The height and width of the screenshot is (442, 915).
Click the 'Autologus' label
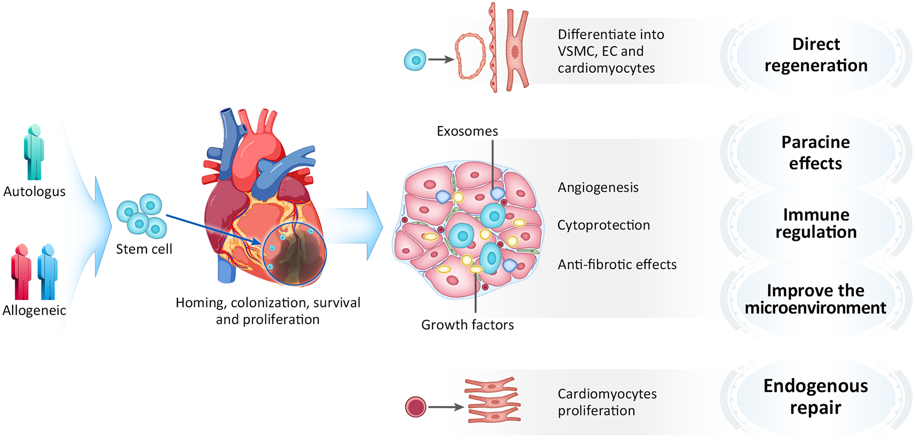pyautogui.click(x=35, y=192)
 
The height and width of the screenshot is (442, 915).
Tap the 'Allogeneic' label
pyautogui.click(x=35, y=310)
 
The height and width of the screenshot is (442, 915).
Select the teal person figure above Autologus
pyautogui.click(x=34, y=152)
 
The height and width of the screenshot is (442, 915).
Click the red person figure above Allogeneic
pyautogui.click(x=21, y=272)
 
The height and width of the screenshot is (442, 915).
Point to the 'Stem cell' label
pyautogui.click(x=144, y=249)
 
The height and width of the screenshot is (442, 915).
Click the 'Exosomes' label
pyautogui.click(x=467, y=131)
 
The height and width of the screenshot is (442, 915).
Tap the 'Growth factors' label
pyautogui.click(x=467, y=325)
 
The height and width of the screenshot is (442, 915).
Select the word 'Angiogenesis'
pyautogui.click(x=598, y=188)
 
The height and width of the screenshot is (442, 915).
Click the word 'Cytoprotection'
pyautogui.click(x=603, y=225)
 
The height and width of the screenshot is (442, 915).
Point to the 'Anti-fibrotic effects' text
pyautogui.click(x=617, y=264)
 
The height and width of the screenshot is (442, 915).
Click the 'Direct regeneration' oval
pyautogui.click(x=815, y=55)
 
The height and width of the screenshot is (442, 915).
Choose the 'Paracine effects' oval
pyautogui.click(x=815, y=153)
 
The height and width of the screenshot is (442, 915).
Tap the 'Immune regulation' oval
pyautogui.click(x=815, y=223)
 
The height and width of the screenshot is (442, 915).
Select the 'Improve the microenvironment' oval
pyautogui.click(x=815, y=299)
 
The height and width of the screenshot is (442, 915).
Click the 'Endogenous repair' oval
pyautogui.click(x=815, y=397)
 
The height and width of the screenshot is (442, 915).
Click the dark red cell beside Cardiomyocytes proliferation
pyautogui.click(x=415, y=407)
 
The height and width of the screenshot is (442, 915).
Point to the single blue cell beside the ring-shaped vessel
pyautogui.click(x=415, y=60)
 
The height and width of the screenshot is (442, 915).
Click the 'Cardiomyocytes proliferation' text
pyautogui.click(x=607, y=402)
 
